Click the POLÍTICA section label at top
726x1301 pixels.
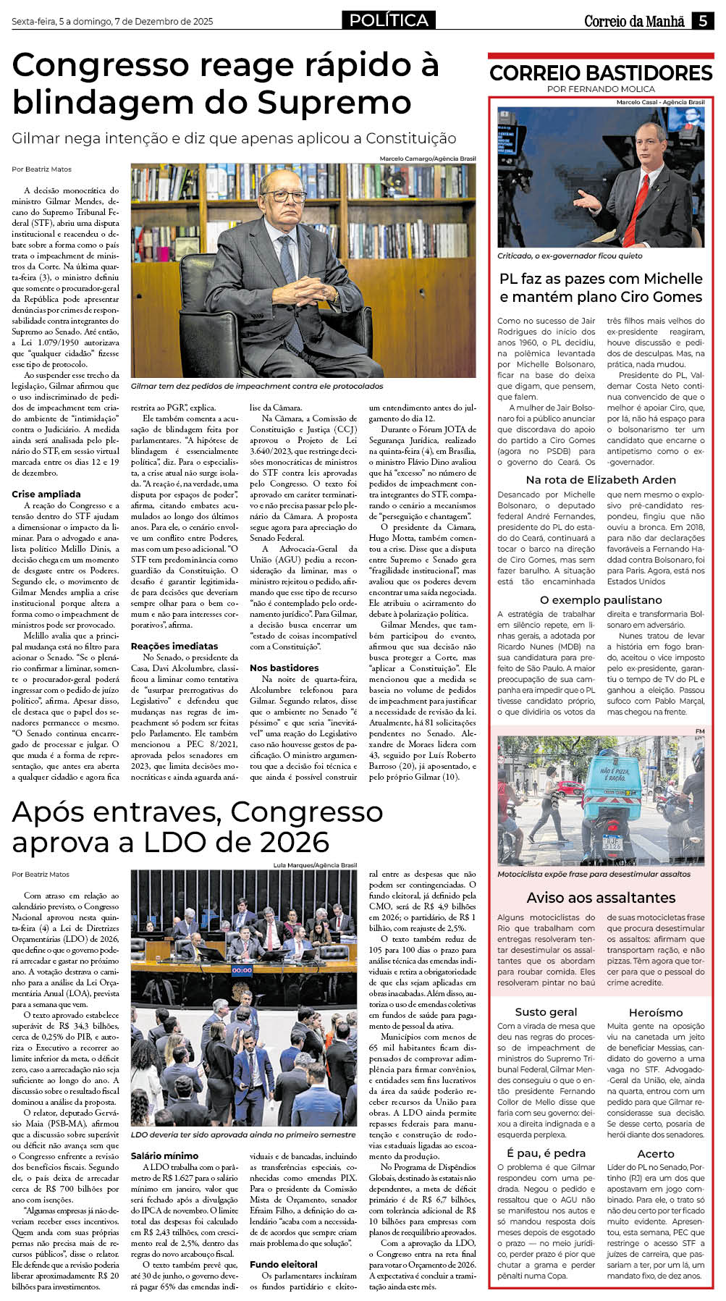click(389, 20)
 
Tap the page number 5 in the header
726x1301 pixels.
click(703, 21)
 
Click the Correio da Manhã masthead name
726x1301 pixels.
click(634, 21)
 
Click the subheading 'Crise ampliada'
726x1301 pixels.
click(46, 494)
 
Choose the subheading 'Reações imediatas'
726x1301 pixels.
click(174, 646)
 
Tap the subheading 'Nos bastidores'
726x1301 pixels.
click(284, 668)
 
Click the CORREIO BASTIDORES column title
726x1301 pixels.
click(601, 72)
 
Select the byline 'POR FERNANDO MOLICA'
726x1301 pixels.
click(601, 89)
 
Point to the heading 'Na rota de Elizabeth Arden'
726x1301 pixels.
click(601, 479)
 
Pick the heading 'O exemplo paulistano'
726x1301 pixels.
click(601, 599)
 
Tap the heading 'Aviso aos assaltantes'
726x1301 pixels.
click(601, 898)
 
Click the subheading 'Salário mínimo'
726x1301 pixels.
click(164, 1155)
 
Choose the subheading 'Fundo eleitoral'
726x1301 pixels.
click(284, 1264)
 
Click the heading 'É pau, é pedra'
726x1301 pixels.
click(546, 1153)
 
